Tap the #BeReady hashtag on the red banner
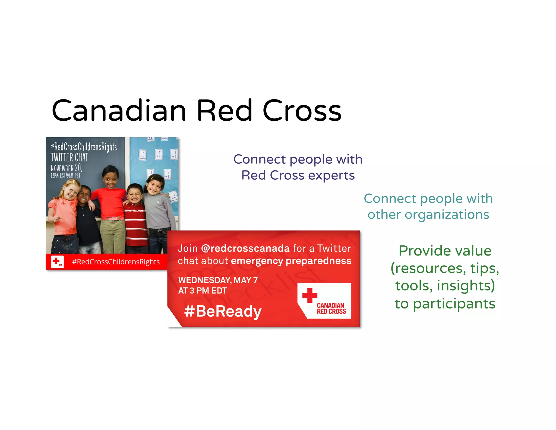click(223, 311)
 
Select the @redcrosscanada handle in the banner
click(245, 248)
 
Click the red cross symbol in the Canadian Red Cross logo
click(309, 295)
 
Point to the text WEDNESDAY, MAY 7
click(218, 280)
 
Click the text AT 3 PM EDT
click(202, 291)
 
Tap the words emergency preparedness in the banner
click(291, 261)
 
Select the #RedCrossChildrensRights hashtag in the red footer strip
click(116, 262)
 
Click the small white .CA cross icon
click(57, 262)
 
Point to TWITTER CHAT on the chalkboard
click(69, 157)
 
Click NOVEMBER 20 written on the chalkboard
click(66, 168)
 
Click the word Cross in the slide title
click(302, 111)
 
